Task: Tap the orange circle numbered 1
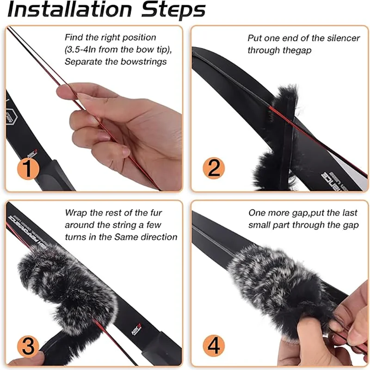[28, 168]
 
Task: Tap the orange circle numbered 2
[213, 168]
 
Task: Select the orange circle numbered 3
[28, 345]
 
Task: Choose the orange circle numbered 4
[213, 345]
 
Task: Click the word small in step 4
[263, 225]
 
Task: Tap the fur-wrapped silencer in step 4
[273, 287]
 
